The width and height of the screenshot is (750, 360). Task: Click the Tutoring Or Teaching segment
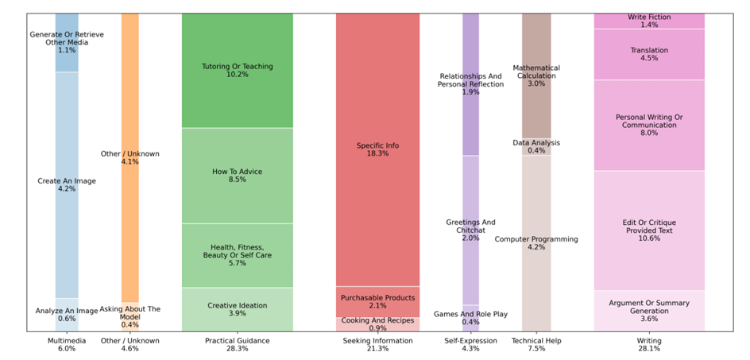[x=237, y=70]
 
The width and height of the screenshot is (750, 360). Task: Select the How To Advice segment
[x=237, y=176]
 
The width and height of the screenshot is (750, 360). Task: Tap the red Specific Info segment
[x=377, y=149]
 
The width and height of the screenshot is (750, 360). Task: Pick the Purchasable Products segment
[x=377, y=302]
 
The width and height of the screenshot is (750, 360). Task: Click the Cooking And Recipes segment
[x=377, y=324]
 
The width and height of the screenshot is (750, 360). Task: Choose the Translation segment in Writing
[x=649, y=54]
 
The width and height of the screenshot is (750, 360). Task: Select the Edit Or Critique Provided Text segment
[x=649, y=230]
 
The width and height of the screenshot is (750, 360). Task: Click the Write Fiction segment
[x=649, y=21]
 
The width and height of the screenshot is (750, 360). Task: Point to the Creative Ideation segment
[x=237, y=309]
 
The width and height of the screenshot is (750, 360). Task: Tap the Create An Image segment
[x=67, y=185]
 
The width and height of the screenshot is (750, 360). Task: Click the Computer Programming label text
[x=536, y=238]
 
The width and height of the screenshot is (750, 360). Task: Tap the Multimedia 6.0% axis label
[x=66, y=344]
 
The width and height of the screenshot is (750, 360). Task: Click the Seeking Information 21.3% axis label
[x=377, y=344]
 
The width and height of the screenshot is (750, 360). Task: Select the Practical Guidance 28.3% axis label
[x=237, y=344]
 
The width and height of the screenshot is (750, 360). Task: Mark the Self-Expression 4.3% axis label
[x=470, y=344]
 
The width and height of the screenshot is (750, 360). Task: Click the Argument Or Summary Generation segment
[x=649, y=310]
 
